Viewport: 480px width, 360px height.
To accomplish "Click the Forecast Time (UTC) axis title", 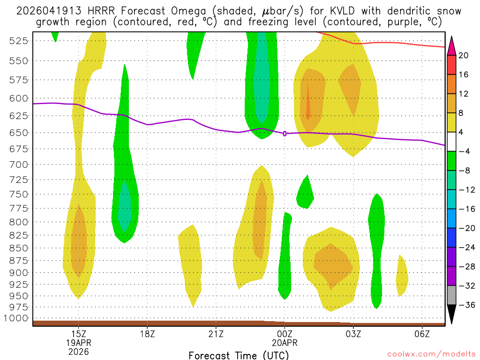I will click(239, 355).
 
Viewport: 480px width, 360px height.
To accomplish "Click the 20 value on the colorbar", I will click(464, 55).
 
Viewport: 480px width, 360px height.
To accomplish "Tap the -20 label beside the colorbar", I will click(464, 228).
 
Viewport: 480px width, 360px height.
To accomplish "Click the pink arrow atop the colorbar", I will click(452, 45).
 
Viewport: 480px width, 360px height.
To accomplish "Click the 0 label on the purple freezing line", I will click(285, 134).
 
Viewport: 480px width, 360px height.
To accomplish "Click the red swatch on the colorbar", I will click(452, 65).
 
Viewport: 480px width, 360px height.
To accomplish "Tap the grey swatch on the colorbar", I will click(452, 295).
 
